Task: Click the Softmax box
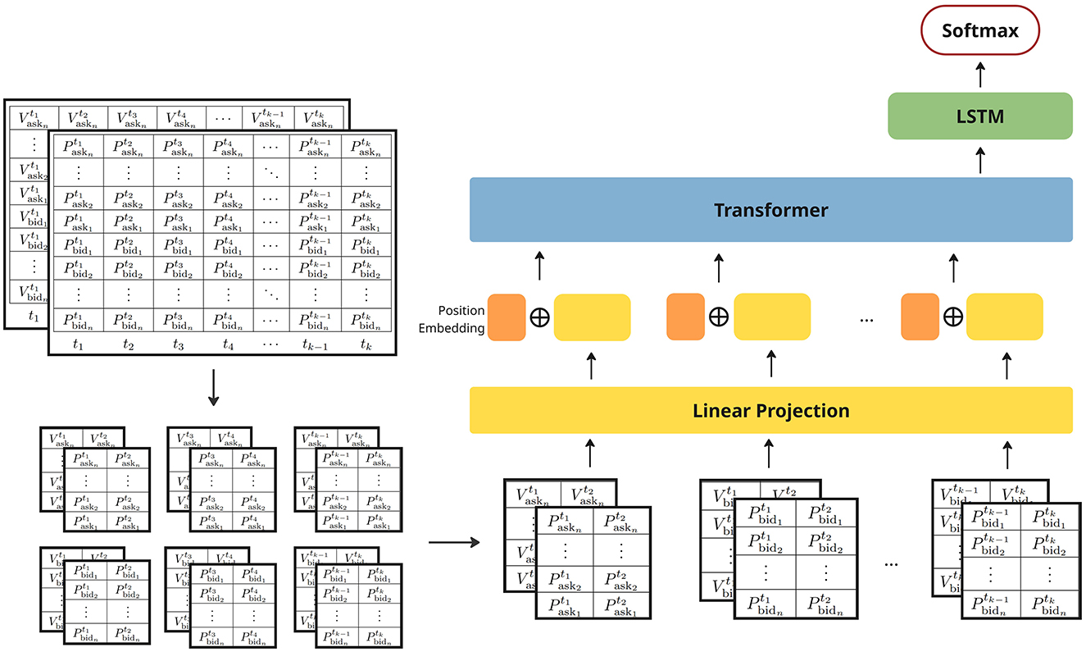coord(979,32)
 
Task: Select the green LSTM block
coord(979,116)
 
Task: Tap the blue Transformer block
coord(770,210)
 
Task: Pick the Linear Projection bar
coord(770,410)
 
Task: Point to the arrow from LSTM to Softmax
coord(979,75)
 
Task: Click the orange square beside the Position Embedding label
coord(507,317)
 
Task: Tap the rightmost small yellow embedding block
coord(1004,317)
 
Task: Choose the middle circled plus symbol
coord(718,317)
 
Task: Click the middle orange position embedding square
coord(685,317)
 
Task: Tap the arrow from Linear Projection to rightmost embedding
coord(1008,366)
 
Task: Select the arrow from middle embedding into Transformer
coord(719,267)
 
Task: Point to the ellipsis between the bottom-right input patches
coord(892,564)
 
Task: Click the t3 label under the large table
coord(178,346)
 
